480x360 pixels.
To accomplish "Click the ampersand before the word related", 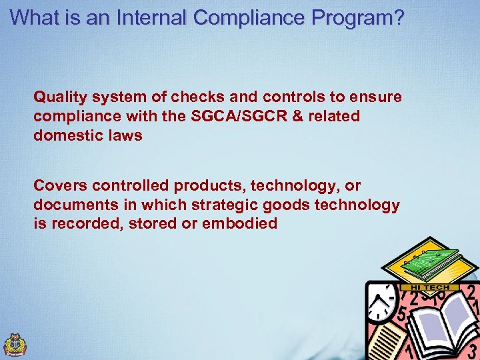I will [297, 116].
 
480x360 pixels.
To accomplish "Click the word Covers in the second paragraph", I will [59, 185].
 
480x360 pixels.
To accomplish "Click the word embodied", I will [239, 223].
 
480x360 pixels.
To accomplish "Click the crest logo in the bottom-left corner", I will [15, 344].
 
